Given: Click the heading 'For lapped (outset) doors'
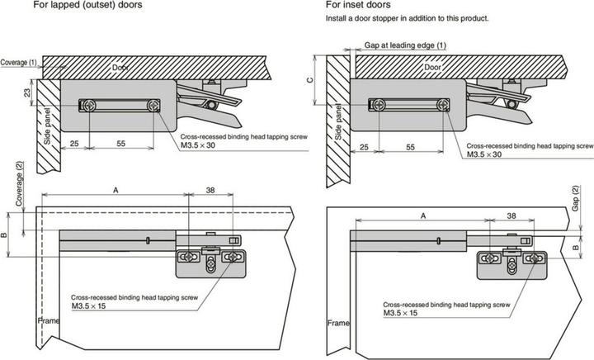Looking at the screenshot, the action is click(88, 5).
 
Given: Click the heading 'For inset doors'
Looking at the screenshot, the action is click(358, 5).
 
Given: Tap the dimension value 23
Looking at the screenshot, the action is click(28, 92).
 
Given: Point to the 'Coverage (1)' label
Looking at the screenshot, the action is click(18, 63).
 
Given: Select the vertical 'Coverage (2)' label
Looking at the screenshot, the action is click(19, 184).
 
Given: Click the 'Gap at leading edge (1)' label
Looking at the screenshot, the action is click(405, 45).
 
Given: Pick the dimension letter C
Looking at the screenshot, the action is click(310, 80).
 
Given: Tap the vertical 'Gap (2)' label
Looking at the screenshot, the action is click(576, 198).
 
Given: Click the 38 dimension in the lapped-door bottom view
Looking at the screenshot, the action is click(210, 190).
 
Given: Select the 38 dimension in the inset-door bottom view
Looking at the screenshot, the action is click(511, 216).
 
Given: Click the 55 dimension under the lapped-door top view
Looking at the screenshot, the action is click(120, 144).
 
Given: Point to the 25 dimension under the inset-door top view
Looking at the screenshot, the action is click(364, 147).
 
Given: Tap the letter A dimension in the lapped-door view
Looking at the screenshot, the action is click(115, 190).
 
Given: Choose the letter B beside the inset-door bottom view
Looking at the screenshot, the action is click(576, 248).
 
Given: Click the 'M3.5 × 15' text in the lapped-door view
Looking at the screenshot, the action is click(88, 306).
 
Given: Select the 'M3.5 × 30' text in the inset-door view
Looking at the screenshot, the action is click(484, 154).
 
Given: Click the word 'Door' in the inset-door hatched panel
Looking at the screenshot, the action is click(432, 67).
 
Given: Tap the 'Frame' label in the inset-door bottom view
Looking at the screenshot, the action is click(338, 323).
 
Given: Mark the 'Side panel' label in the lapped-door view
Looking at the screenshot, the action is click(47, 126).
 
